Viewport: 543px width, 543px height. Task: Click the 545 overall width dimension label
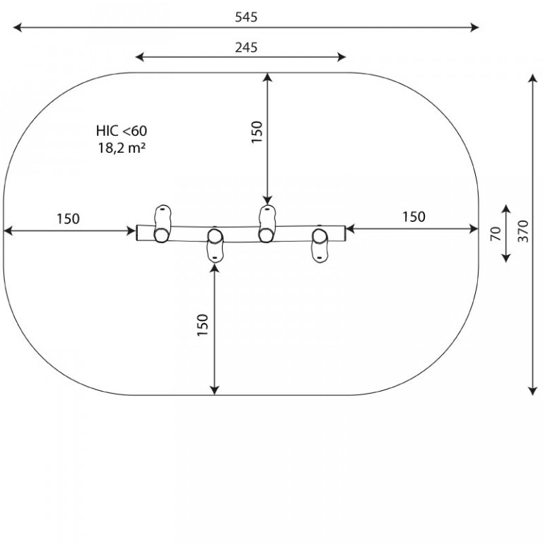coord(246,17)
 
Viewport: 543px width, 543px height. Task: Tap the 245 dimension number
coord(246,47)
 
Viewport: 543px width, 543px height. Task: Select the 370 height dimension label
coord(523,231)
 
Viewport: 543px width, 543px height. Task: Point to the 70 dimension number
coord(496,233)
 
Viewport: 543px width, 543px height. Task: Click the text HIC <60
coord(122,131)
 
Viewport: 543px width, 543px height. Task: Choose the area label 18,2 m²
coord(122,148)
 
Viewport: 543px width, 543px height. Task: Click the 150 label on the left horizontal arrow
coord(68,219)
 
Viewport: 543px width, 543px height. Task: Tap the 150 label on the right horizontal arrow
coord(414,217)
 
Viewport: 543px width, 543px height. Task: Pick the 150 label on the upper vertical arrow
coord(257,132)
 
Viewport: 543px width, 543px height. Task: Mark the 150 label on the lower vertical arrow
coord(203,325)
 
